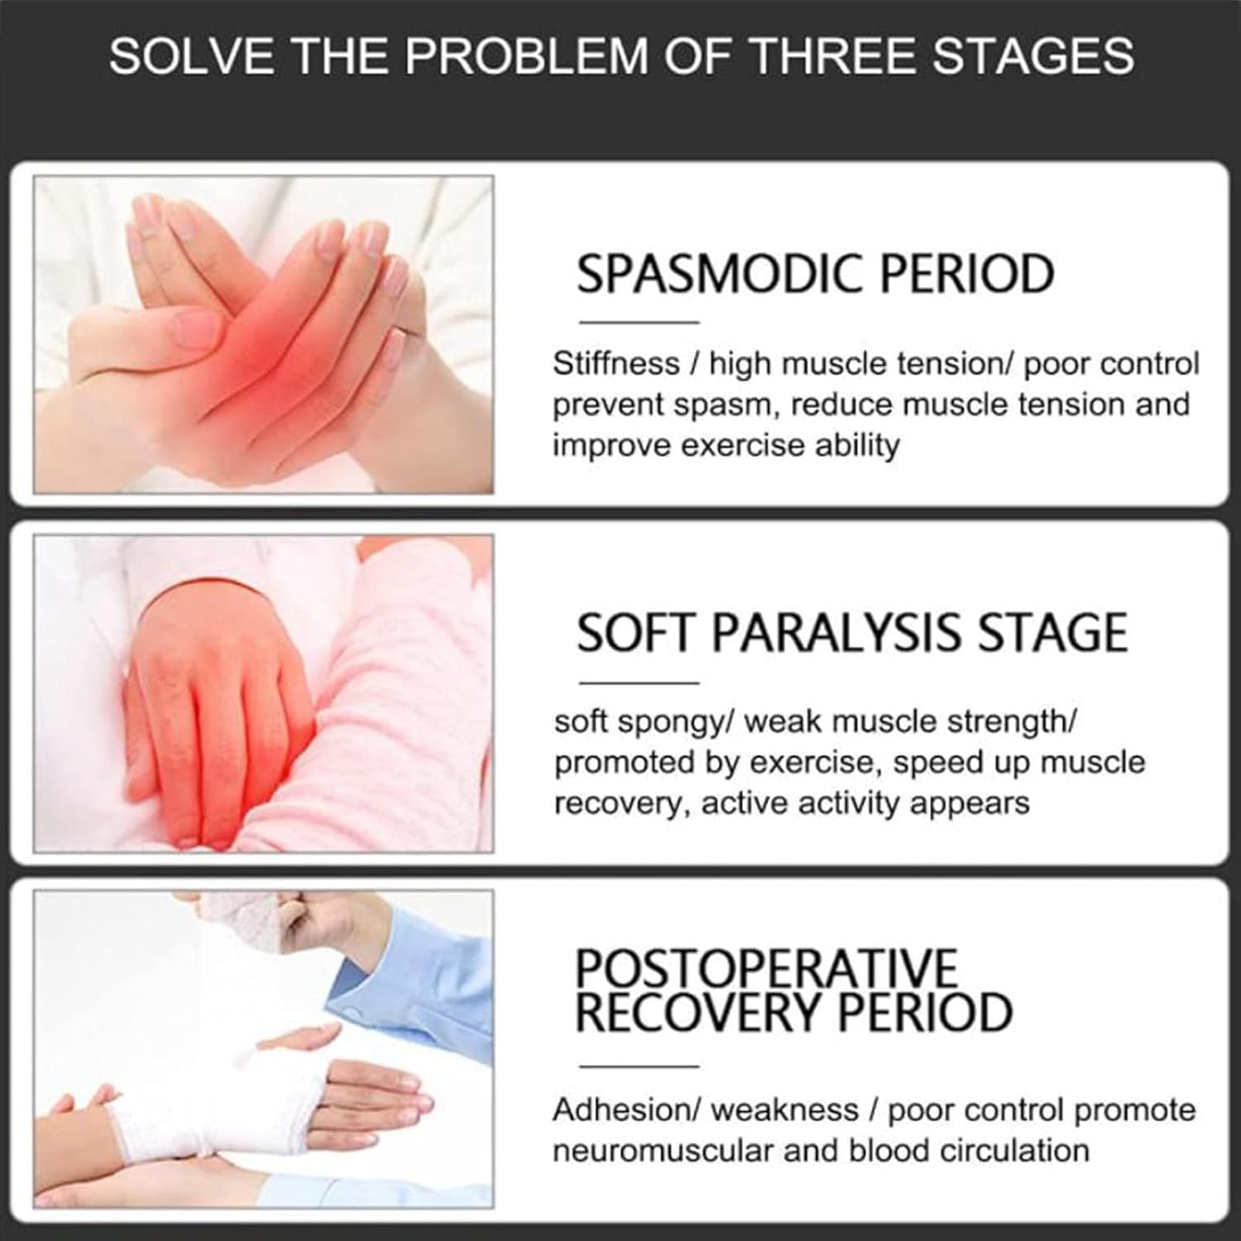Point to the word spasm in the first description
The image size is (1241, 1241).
[728, 405]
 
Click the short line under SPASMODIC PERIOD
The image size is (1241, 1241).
[639, 322]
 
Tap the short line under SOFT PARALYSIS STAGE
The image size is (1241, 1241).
[639, 683]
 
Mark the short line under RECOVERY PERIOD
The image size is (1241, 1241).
[639, 1066]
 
